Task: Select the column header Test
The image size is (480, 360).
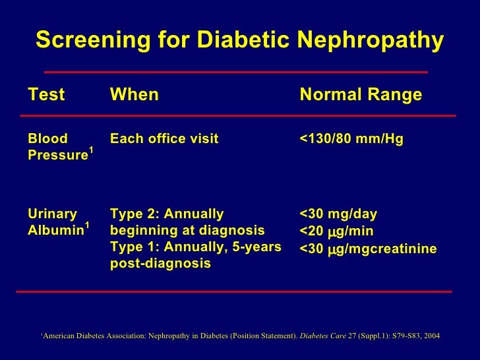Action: (46, 95)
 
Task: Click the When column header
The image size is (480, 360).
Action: (135, 95)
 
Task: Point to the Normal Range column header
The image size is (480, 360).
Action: (361, 95)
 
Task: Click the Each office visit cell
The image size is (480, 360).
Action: (164, 139)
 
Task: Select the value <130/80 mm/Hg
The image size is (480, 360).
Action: (351, 139)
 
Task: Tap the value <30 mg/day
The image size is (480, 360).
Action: (338, 214)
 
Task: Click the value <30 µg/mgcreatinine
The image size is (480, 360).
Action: (368, 248)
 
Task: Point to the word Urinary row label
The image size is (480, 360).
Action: (52, 214)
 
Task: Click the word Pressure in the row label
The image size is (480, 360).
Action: (57, 156)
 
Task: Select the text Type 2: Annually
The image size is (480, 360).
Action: (167, 214)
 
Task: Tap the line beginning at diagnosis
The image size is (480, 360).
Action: (187, 231)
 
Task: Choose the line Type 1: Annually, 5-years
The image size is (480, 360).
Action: (196, 247)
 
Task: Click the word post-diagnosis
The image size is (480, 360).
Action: (160, 264)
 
